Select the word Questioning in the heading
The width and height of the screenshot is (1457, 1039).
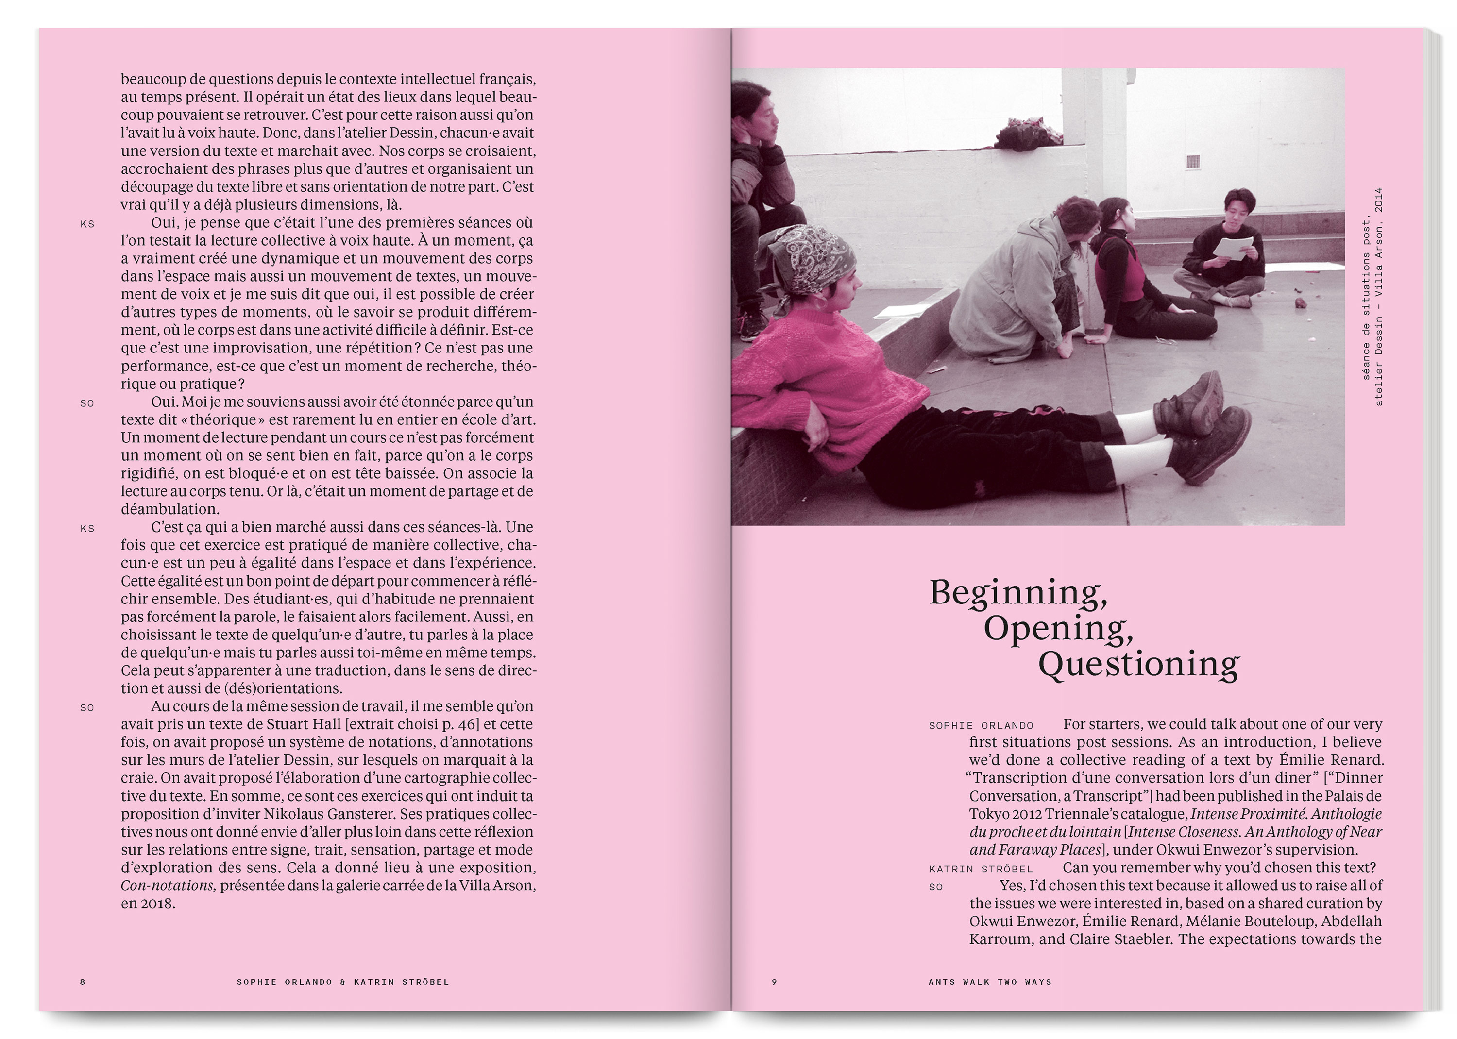coord(1138,665)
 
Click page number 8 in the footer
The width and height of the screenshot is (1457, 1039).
coord(83,981)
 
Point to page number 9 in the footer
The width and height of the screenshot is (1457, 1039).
coord(774,981)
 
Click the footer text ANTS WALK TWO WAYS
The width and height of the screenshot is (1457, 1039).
coord(990,981)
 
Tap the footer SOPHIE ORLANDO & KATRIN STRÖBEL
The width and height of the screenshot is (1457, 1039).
coord(343,981)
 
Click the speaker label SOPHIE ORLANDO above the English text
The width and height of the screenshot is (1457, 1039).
coord(981,725)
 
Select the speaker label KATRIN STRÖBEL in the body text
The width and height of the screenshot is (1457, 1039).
coord(981,869)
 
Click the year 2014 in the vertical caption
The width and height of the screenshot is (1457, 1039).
coord(1378,200)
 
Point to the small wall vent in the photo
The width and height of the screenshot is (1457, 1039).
coord(1193,162)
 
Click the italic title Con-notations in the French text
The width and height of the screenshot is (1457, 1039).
coord(168,886)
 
